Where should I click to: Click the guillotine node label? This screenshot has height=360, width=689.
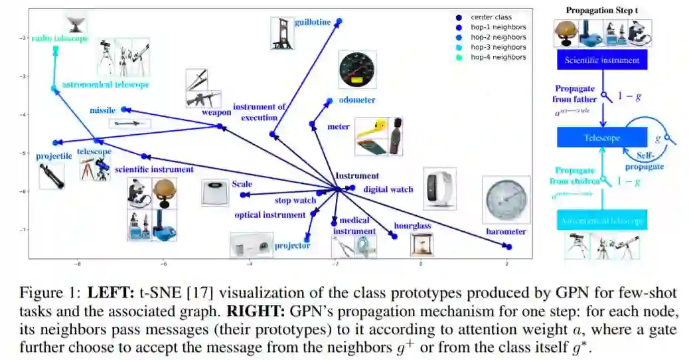(x=313, y=23)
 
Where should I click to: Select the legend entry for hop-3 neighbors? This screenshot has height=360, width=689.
(x=498, y=47)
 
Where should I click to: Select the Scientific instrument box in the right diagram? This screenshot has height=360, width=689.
(x=601, y=61)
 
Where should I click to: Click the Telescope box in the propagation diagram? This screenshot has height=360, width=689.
(x=601, y=137)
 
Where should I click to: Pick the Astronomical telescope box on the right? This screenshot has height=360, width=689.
(x=601, y=220)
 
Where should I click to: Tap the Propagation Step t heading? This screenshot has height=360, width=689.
(x=601, y=11)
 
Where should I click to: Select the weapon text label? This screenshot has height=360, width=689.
(x=216, y=113)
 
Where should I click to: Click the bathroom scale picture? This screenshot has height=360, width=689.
(x=215, y=193)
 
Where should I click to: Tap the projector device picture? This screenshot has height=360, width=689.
(x=251, y=245)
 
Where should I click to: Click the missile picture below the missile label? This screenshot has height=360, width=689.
(x=129, y=123)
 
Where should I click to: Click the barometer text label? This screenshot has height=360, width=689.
(x=506, y=232)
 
